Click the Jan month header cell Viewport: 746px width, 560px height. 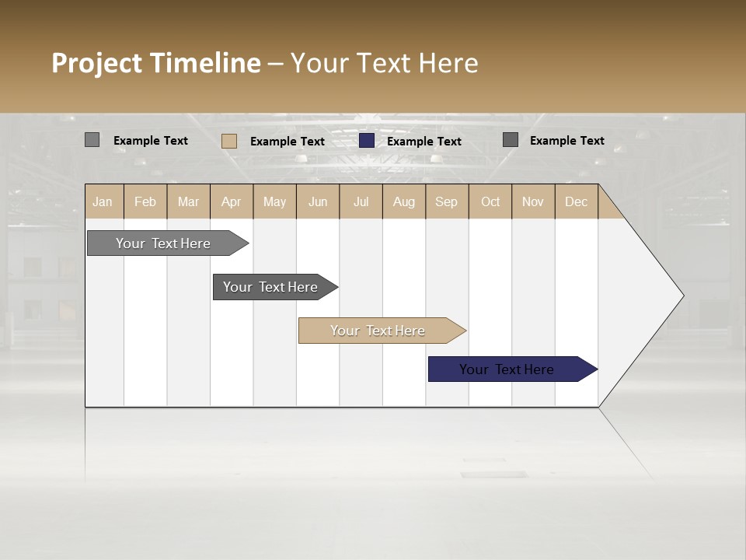(103, 201)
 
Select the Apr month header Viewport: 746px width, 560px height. (232, 201)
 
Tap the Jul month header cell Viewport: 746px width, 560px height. (361, 201)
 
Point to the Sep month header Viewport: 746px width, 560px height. (447, 201)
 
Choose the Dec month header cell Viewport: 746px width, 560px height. (576, 201)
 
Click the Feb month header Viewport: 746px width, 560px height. (145, 201)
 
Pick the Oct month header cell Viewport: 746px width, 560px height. (490, 201)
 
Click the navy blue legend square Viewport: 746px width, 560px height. (367, 140)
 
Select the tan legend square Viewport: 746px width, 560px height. (229, 141)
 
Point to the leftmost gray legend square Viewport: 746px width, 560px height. (92, 140)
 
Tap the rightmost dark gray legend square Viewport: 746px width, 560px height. (511, 140)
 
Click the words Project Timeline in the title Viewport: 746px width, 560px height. (155, 63)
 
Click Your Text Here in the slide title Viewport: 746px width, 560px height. (384, 63)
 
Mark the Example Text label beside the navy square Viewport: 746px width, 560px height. (424, 142)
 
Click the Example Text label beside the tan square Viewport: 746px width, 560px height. (287, 142)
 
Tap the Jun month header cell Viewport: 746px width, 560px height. (318, 201)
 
